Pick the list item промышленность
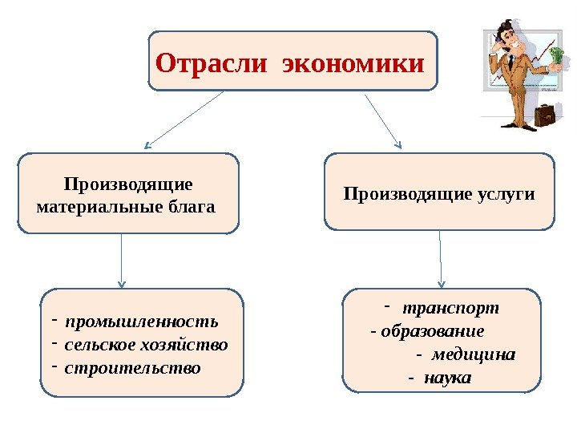142,322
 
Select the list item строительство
132,369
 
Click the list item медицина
474,354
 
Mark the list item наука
448,377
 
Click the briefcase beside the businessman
545,115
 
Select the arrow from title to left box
185,119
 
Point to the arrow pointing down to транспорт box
441,258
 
